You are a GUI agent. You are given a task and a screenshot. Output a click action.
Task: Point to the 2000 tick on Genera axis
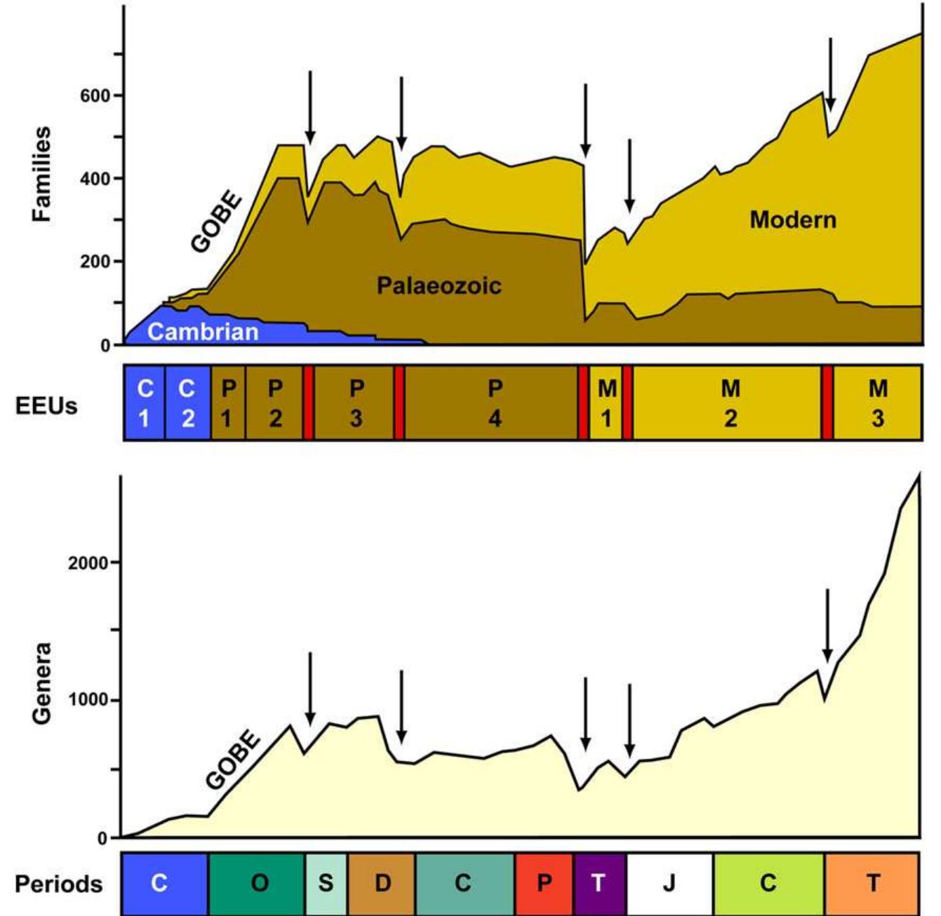coord(88,563)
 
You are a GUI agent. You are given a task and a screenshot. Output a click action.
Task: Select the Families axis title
coord(41,174)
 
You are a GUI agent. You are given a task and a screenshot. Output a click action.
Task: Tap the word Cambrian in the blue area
coord(203,332)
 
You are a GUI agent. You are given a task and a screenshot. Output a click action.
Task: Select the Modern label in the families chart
coord(793,220)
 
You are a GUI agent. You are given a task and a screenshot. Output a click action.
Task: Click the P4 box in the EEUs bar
coord(495,403)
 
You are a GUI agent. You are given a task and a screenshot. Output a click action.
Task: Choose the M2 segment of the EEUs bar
coord(730,403)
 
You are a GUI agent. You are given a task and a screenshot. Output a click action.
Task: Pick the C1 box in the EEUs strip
coord(145,403)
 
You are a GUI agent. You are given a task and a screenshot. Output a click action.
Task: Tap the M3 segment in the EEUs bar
coord(878,403)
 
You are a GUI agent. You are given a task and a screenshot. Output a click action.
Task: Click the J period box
coord(669,882)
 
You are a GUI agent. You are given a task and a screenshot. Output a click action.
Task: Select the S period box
coord(326,882)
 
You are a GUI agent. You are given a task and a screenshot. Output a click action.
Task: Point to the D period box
coord(382,882)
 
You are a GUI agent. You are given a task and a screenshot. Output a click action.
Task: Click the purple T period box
coord(599,882)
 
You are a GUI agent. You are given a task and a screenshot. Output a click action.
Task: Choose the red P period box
coord(544,882)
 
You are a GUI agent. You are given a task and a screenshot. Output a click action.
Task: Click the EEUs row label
coord(46,406)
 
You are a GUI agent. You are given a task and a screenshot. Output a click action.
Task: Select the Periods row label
coord(58,884)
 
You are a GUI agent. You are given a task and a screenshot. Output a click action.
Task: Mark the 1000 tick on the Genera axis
coord(88,700)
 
